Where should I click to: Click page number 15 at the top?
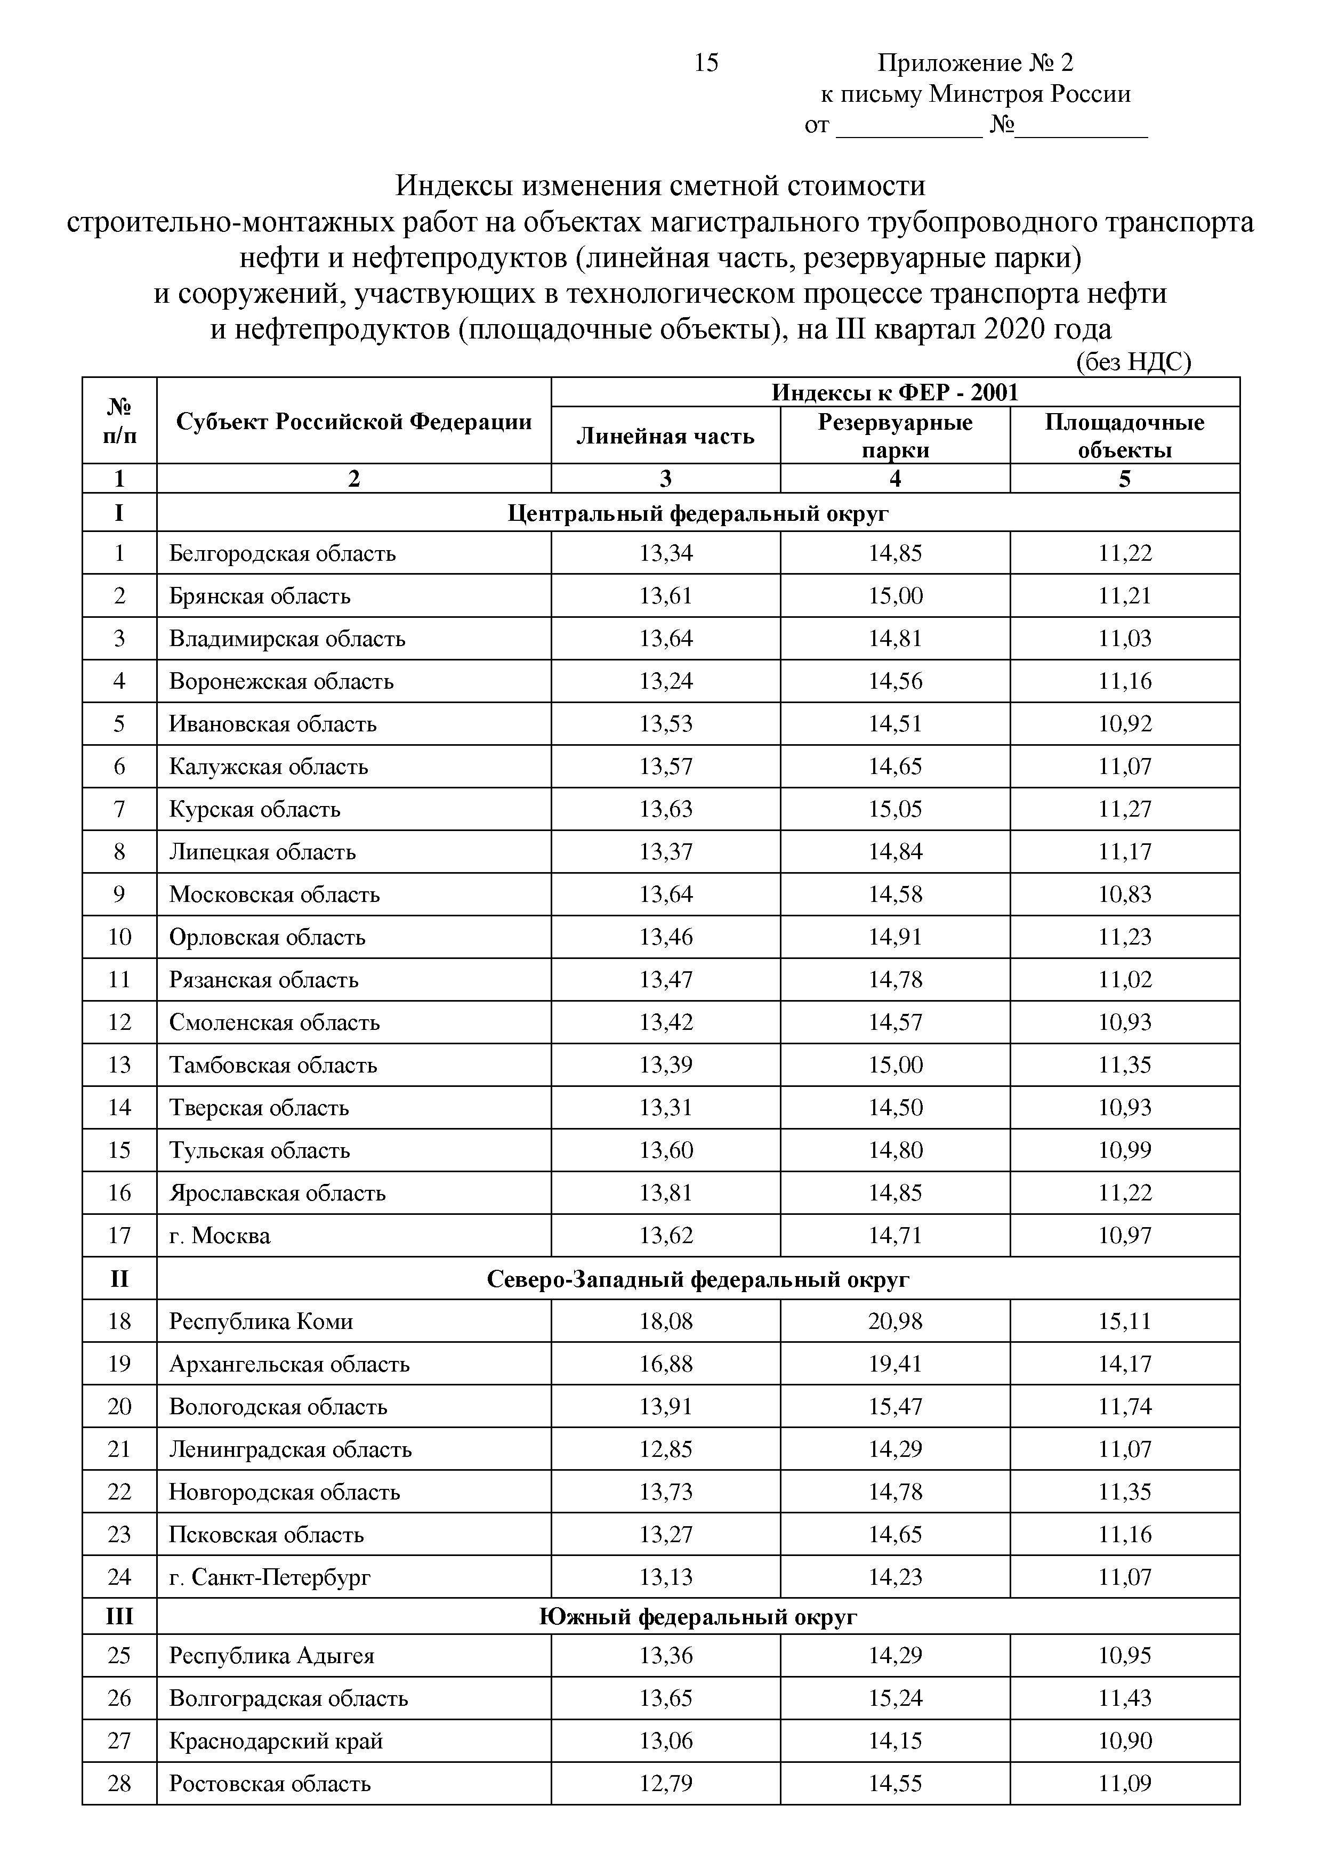[705, 63]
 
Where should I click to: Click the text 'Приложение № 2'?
[975, 63]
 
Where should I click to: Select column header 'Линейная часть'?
[665, 437]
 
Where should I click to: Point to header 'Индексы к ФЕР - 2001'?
[894, 392]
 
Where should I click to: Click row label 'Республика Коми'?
[261, 1321]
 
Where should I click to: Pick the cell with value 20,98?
[894, 1321]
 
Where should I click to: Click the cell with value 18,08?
[665, 1321]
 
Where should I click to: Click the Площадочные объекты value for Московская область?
[1124, 894]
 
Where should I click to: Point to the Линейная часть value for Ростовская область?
[665, 1784]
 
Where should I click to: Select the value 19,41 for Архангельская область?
[894, 1364]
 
